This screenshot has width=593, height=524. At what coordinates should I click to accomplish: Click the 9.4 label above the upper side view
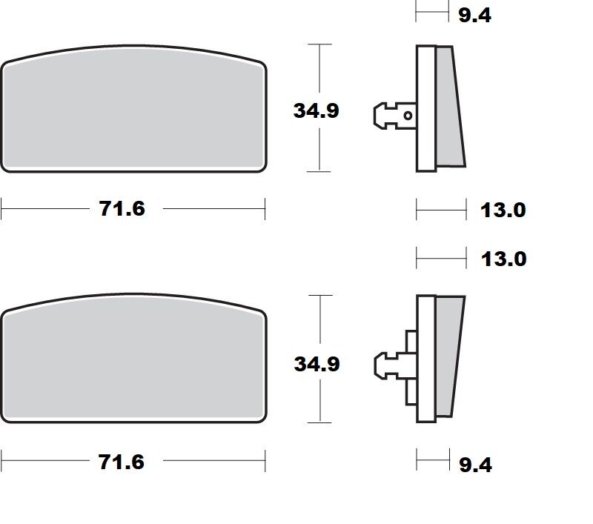[x=474, y=14]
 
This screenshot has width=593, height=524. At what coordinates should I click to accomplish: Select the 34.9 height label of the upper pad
[x=317, y=110]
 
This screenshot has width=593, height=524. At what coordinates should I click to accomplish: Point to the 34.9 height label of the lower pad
[x=317, y=364]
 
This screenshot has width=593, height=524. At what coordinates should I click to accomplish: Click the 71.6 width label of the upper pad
[x=122, y=209]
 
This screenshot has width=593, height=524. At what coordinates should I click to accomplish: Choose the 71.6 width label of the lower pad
[x=122, y=462]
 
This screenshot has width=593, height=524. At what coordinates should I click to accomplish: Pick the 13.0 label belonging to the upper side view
[x=503, y=210]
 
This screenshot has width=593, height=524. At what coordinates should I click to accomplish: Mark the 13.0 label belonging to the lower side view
[x=503, y=259]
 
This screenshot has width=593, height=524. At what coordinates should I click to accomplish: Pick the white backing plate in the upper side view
[x=425, y=107]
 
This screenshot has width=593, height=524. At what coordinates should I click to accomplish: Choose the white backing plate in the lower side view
[x=425, y=359]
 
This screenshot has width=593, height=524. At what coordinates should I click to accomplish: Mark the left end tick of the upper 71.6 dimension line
[x=1, y=209]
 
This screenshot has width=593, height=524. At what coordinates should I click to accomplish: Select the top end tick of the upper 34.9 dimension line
[x=319, y=44]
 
